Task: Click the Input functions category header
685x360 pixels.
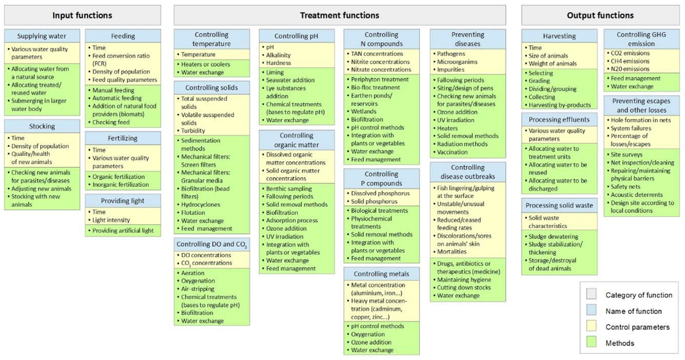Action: click(x=82, y=15)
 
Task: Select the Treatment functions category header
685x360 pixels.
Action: click(x=339, y=15)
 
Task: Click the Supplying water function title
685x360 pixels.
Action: click(x=41, y=37)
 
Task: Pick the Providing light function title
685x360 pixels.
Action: click(x=124, y=201)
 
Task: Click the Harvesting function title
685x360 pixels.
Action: click(x=559, y=37)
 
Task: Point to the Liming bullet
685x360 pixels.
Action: click(x=275, y=72)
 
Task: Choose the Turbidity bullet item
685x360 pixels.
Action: click(x=195, y=130)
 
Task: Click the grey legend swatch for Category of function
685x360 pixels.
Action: click(x=591, y=295)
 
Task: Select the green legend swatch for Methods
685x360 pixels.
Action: click(x=591, y=343)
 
